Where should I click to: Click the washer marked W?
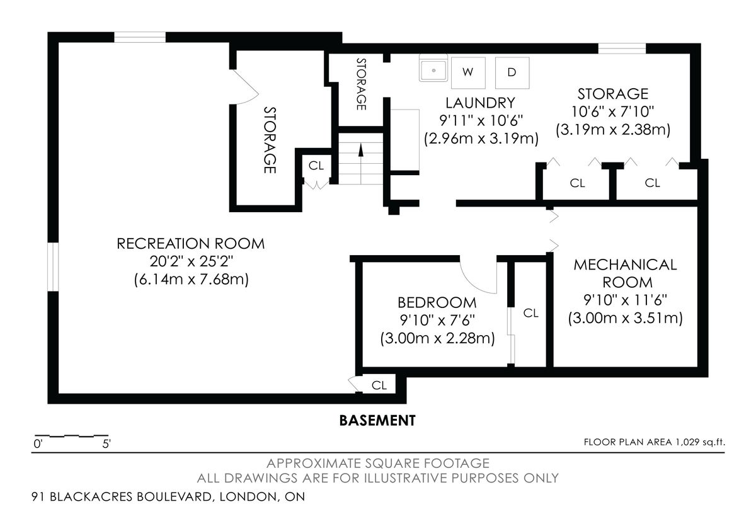point(468,72)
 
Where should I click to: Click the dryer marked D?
point(512,72)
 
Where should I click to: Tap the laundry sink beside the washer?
point(433,68)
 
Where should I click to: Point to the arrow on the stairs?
point(361,163)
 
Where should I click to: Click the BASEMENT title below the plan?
point(377,421)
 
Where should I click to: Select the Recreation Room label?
point(191,244)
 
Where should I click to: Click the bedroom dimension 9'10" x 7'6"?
point(437,320)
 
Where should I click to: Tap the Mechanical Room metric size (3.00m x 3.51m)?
point(626,318)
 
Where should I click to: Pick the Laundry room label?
point(481,103)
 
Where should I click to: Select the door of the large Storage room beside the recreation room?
point(245,88)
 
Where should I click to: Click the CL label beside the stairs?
point(316,166)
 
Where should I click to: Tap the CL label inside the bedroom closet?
point(531,313)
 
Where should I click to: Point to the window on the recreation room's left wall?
point(53,266)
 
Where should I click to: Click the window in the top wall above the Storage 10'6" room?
point(622,48)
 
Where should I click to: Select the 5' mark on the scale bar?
point(106,444)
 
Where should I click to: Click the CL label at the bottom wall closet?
point(379,385)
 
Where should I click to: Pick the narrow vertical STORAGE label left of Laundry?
point(361,84)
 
